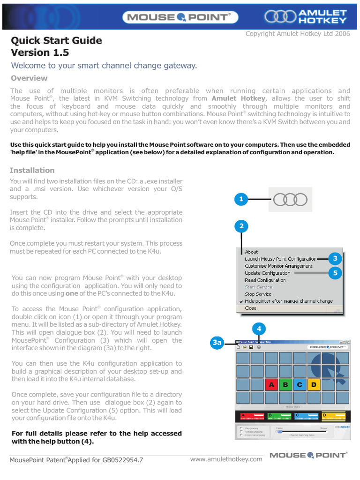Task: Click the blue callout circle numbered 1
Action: [241, 200]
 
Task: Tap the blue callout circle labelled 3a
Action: [217, 343]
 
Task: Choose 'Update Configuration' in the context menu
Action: [267, 273]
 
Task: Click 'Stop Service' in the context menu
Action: [258, 294]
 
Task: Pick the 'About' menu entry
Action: [251, 252]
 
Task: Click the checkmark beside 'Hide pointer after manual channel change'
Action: [240, 301]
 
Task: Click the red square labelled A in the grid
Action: [271, 385]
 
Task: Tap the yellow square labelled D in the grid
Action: [314, 385]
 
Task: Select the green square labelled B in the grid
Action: [285, 385]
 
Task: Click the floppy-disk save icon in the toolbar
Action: [251, 347]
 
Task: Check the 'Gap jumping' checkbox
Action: [240, 428]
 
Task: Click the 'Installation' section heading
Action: [32, 171]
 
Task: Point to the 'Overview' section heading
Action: [29, 78]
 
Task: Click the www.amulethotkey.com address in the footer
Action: [226, 459]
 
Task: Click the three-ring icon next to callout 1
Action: [290, 200]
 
